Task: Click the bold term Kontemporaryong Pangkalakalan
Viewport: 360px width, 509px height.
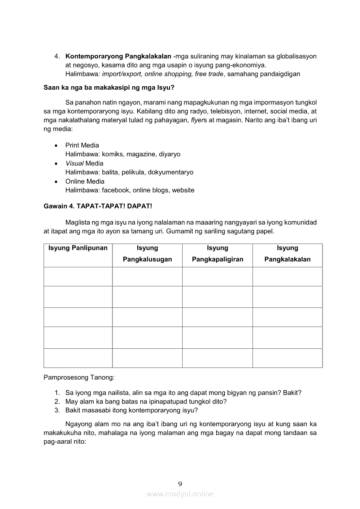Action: click(118, 56)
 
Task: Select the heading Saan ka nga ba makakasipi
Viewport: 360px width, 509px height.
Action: click(109, 88)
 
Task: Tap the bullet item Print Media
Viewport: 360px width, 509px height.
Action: click(82, 145)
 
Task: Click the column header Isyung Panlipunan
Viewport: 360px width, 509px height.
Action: click(78, 248)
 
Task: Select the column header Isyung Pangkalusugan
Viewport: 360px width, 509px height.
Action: click(147, 253)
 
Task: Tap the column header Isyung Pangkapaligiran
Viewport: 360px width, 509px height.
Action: click(217, 253)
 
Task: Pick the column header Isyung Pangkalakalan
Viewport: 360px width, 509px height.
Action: click(287, 253)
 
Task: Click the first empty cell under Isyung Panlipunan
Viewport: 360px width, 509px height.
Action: click(78, 276)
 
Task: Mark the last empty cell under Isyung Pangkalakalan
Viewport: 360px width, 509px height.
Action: click(287, 358)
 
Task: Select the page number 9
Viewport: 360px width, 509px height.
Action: click(180, 484)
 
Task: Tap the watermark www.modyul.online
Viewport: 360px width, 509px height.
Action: click(180, 494)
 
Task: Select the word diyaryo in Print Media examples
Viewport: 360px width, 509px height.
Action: click(170, 154)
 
